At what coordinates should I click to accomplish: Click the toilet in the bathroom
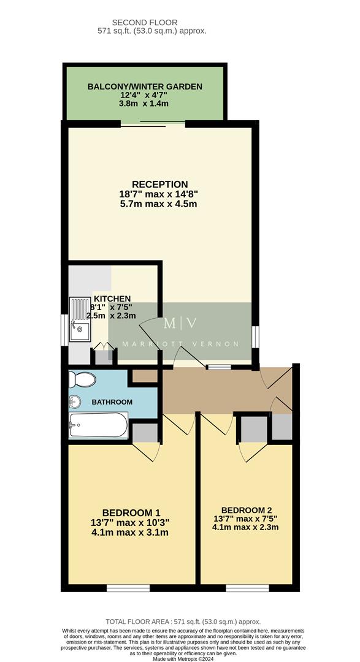click(x=81, y=379)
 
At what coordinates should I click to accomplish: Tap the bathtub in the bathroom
click(x=98, y=425)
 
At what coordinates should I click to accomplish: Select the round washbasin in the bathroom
click(x=75, y=402)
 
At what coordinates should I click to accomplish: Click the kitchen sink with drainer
click(x=80, y=319)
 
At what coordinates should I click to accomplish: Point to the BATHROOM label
click(x=112, y=402)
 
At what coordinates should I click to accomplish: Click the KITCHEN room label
click(x=112, y=299)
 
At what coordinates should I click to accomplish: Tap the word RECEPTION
click(x=159, y=184)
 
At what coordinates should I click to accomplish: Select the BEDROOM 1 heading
click(x=131, y=512)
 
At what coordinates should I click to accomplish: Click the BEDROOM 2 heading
click(x=246, y=510)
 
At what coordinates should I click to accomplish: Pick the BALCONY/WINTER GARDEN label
click(x=145, y=87)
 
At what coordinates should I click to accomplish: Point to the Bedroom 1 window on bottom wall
click(x=128, y=588)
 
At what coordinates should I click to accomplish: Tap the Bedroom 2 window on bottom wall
click(x=247, y=588)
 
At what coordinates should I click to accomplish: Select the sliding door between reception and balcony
click(x=153, y=124)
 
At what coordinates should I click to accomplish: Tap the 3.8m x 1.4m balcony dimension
click(x=144, y=104)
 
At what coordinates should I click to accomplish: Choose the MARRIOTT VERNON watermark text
click(x=180, y=344)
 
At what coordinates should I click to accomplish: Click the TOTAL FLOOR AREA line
click(x=183, y=621)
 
